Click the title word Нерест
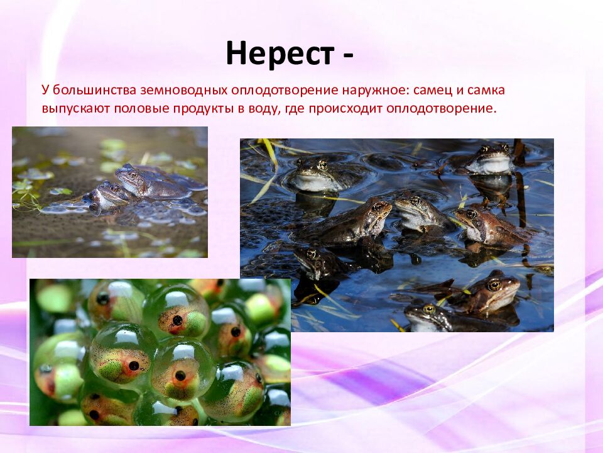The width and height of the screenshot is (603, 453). tap(280, 54)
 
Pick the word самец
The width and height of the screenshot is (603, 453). tap(432, 91)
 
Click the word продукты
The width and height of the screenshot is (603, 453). tap(201, 108)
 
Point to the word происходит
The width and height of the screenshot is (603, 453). tap(340, 108)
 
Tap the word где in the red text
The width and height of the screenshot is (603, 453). tap(294, 108)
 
